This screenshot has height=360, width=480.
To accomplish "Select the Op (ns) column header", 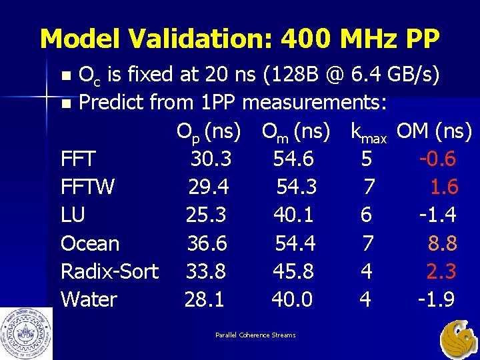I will coord(208,132).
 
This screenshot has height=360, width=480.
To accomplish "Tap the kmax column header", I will coord(369,133).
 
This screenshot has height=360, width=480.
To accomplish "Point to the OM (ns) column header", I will coord(434,132).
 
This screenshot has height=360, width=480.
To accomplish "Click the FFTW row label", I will coord(87,187).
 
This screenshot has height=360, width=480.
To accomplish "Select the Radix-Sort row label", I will coord(109,271).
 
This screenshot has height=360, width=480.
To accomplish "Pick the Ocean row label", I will coord(90,243).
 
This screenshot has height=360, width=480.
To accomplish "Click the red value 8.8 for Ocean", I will coord(442,243).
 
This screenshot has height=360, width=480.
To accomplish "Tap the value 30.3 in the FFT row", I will coord(211,159).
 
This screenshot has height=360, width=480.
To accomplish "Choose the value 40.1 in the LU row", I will coord(293,215).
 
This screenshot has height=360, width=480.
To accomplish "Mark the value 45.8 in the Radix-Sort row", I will coord(293,271).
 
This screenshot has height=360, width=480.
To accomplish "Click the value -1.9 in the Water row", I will coord(436,299).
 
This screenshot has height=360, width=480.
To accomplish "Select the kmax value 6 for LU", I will coord(366,215).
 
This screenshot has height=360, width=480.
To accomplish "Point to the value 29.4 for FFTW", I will coord(209,187).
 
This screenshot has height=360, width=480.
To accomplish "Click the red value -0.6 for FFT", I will coord(437,159).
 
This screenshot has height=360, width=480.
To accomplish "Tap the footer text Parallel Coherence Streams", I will coord(255,335).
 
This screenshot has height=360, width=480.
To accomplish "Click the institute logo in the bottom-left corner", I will coord(25,333).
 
